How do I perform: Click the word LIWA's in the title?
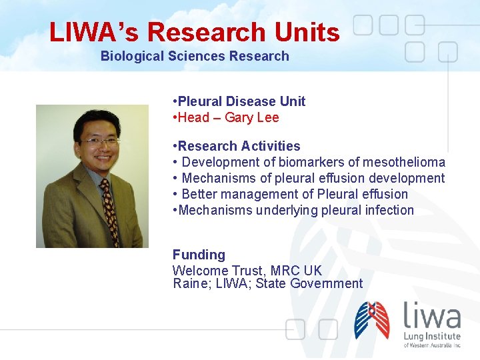click(x=94, y=32)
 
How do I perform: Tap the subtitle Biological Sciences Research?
click(x=195, y=56)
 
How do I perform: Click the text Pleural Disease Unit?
click(x=241, y=101)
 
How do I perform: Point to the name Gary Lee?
click(x=251, y=118)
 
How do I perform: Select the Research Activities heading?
click(x=239, y=146)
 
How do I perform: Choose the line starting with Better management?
click(x=293, y=194)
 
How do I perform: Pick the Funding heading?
click(x=199, y=255)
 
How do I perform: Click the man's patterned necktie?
click(x=108, y=207)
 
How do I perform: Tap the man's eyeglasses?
click(x=99, y=142)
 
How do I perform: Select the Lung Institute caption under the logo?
click(x=432, y=339)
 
